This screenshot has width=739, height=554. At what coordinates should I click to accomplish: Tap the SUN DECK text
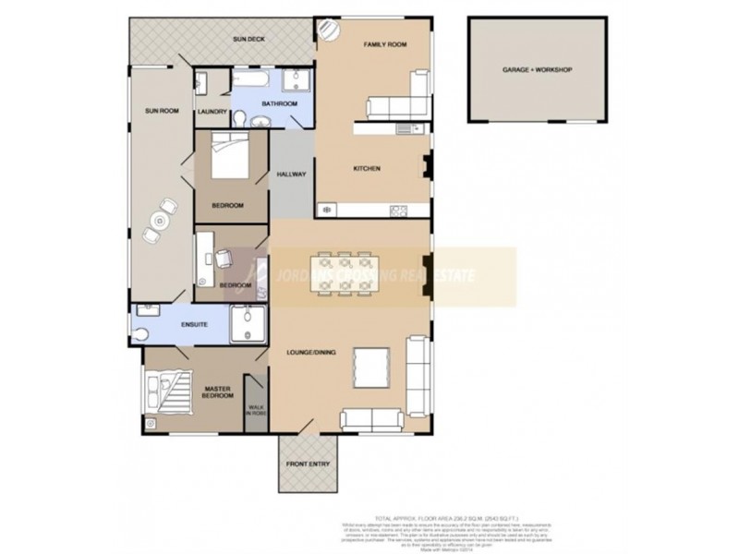pos(249,41)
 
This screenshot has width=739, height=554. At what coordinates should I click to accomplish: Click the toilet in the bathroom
pos(241,117)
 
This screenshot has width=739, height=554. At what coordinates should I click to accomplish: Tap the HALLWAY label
pos(292,175)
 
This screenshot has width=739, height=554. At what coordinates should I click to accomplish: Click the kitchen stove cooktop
pos(400,211)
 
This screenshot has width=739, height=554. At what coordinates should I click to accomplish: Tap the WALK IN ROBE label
pos(255,408)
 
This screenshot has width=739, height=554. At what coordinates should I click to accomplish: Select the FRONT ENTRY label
pos(309,464)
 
